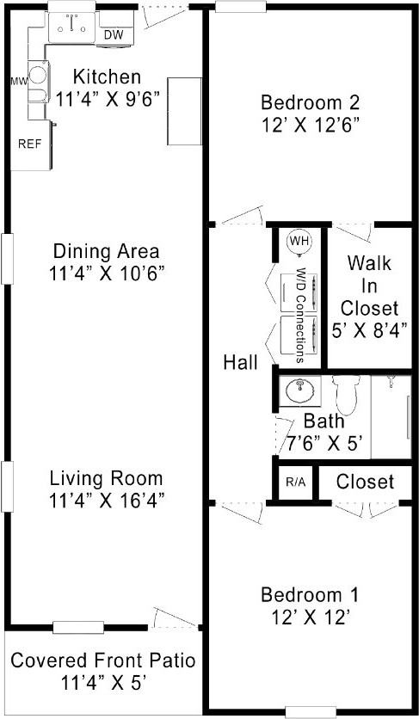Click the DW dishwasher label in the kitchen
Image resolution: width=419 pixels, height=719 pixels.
pyautogui.click(x=113, y=35)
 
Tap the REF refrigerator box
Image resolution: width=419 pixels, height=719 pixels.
pyautogui.click(x=29, y=144)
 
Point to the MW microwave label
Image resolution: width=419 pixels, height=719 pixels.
pyautogui.click(x=19, y=82)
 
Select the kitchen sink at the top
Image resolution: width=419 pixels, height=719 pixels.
pyautogui.click(x=71, y=28)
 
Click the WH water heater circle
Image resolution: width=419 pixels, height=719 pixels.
pyautogui.click(x=299, y=241)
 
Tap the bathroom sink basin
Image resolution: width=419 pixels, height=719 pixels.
pyautogui.click(x=299, y=393)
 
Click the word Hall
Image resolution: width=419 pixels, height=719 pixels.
pyautogui.click(x=239, y=363)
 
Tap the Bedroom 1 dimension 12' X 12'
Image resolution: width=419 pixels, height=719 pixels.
pyautogui.click(x=310, y=616)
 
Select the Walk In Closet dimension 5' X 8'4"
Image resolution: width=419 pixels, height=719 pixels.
pyautogui.click(x=369, y=328)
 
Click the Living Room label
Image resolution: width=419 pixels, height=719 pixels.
pyautogui.click(x=106, y=477)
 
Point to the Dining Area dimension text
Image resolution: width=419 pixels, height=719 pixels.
pyautogui.click(x=107, y=273)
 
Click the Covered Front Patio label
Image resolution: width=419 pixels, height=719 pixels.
pyautogui.click(x=102, y=661)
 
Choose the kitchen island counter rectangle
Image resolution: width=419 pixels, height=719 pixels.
pyautogui.click(x=183, y=111)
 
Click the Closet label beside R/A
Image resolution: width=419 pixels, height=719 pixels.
pyautogui.click(x=365, y=482)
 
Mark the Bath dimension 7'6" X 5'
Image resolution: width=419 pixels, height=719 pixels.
pyautogui.click(x=323, y=444)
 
